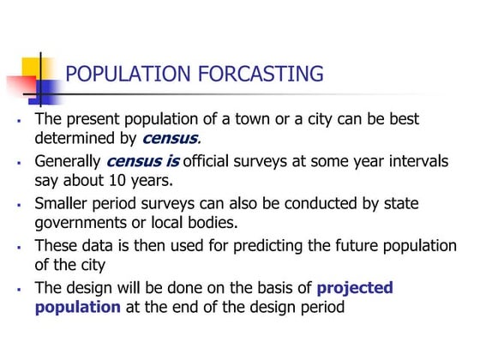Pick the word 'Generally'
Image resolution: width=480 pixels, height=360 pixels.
pyautogui.click(x=68, y=161)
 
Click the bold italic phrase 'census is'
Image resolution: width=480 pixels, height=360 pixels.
pyautogui.click(x=143, y=161)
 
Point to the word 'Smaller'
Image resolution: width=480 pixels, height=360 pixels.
pyautogui.click(x=63, y=204)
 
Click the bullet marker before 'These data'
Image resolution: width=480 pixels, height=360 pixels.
pyautogui.click(x=18, y=248)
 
